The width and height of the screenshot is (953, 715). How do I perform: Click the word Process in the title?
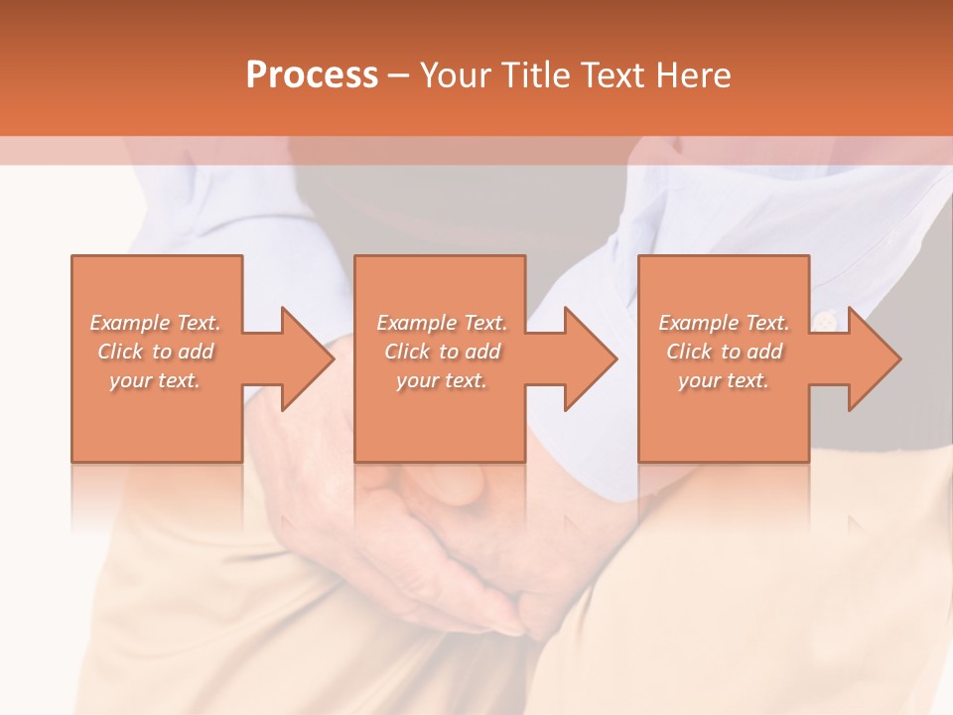(x=312, y=75)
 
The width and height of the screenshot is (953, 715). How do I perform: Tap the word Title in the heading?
(x=534, y=75)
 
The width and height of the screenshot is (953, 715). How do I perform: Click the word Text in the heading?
(x=612, y=75)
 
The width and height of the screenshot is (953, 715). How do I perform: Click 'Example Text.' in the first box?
(x=155, y=323)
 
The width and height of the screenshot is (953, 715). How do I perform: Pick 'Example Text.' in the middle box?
(x=442, y=323)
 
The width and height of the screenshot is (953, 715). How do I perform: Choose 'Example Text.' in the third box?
(x=724, y=323)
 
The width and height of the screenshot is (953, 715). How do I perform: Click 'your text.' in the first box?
(x=155, y=380)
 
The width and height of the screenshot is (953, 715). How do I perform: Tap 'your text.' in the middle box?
(x=442, y=380)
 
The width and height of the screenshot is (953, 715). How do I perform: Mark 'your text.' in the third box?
(x=724, y=380)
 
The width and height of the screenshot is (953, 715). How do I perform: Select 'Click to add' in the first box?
(x=155, y=352)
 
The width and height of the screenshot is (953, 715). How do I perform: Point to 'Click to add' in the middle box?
(x=442, y=352)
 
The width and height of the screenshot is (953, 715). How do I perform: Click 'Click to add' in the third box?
(x=724, y=352)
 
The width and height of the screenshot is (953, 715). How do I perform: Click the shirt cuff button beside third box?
(x=826, y=320)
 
